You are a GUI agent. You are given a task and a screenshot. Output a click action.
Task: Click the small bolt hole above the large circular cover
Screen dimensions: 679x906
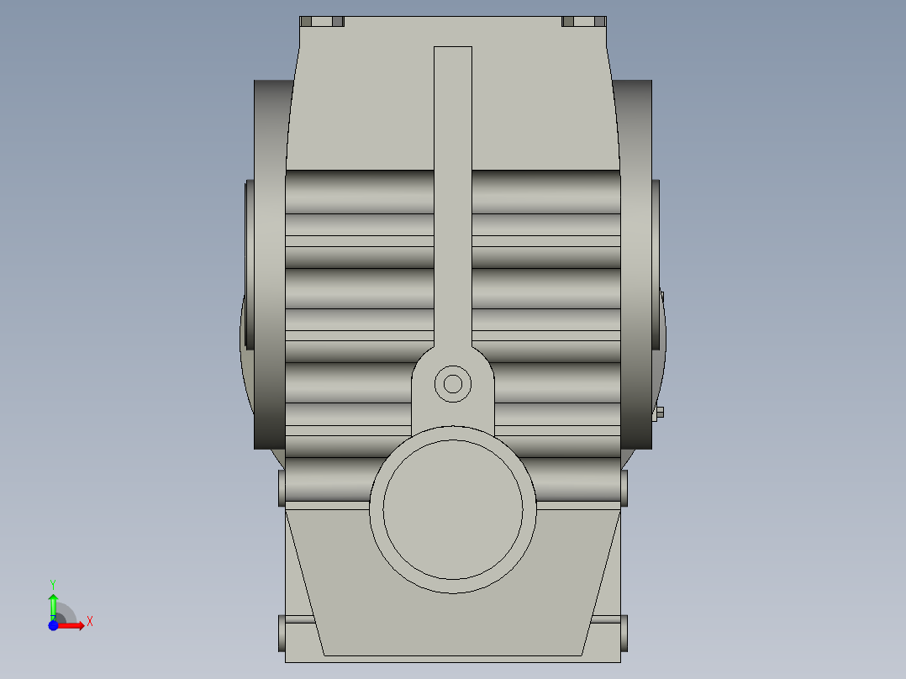453,384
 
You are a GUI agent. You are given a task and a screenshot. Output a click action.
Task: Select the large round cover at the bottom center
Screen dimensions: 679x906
453,510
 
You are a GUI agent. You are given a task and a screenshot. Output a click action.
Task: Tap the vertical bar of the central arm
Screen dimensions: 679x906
453,193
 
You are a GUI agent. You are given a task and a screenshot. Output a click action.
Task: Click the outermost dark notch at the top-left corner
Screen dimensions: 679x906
307,21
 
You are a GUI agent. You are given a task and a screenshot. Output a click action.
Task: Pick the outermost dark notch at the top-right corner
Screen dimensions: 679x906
599,21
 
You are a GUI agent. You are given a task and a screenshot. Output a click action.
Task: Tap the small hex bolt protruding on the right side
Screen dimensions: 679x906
660,412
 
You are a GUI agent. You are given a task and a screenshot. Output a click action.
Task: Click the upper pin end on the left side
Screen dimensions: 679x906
282,488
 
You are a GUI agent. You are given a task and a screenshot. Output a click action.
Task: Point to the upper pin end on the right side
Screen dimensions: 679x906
624,487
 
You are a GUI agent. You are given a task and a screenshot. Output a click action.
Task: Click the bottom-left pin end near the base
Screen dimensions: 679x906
282,632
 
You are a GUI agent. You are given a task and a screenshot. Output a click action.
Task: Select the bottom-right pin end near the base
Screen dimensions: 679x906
624,632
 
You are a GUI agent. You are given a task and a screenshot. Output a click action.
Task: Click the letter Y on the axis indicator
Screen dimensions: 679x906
53,583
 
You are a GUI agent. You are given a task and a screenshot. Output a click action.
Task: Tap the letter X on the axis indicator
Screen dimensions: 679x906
89,622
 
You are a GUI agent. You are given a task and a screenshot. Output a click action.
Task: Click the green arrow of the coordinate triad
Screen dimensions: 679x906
53,603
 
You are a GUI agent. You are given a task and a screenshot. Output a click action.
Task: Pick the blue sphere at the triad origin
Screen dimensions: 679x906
53,625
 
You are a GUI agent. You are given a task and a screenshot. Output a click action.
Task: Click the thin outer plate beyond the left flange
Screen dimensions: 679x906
248,265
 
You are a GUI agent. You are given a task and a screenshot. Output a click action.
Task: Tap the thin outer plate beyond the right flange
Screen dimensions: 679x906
656,265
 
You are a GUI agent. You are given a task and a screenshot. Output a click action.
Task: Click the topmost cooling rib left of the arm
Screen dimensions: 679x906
360,192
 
